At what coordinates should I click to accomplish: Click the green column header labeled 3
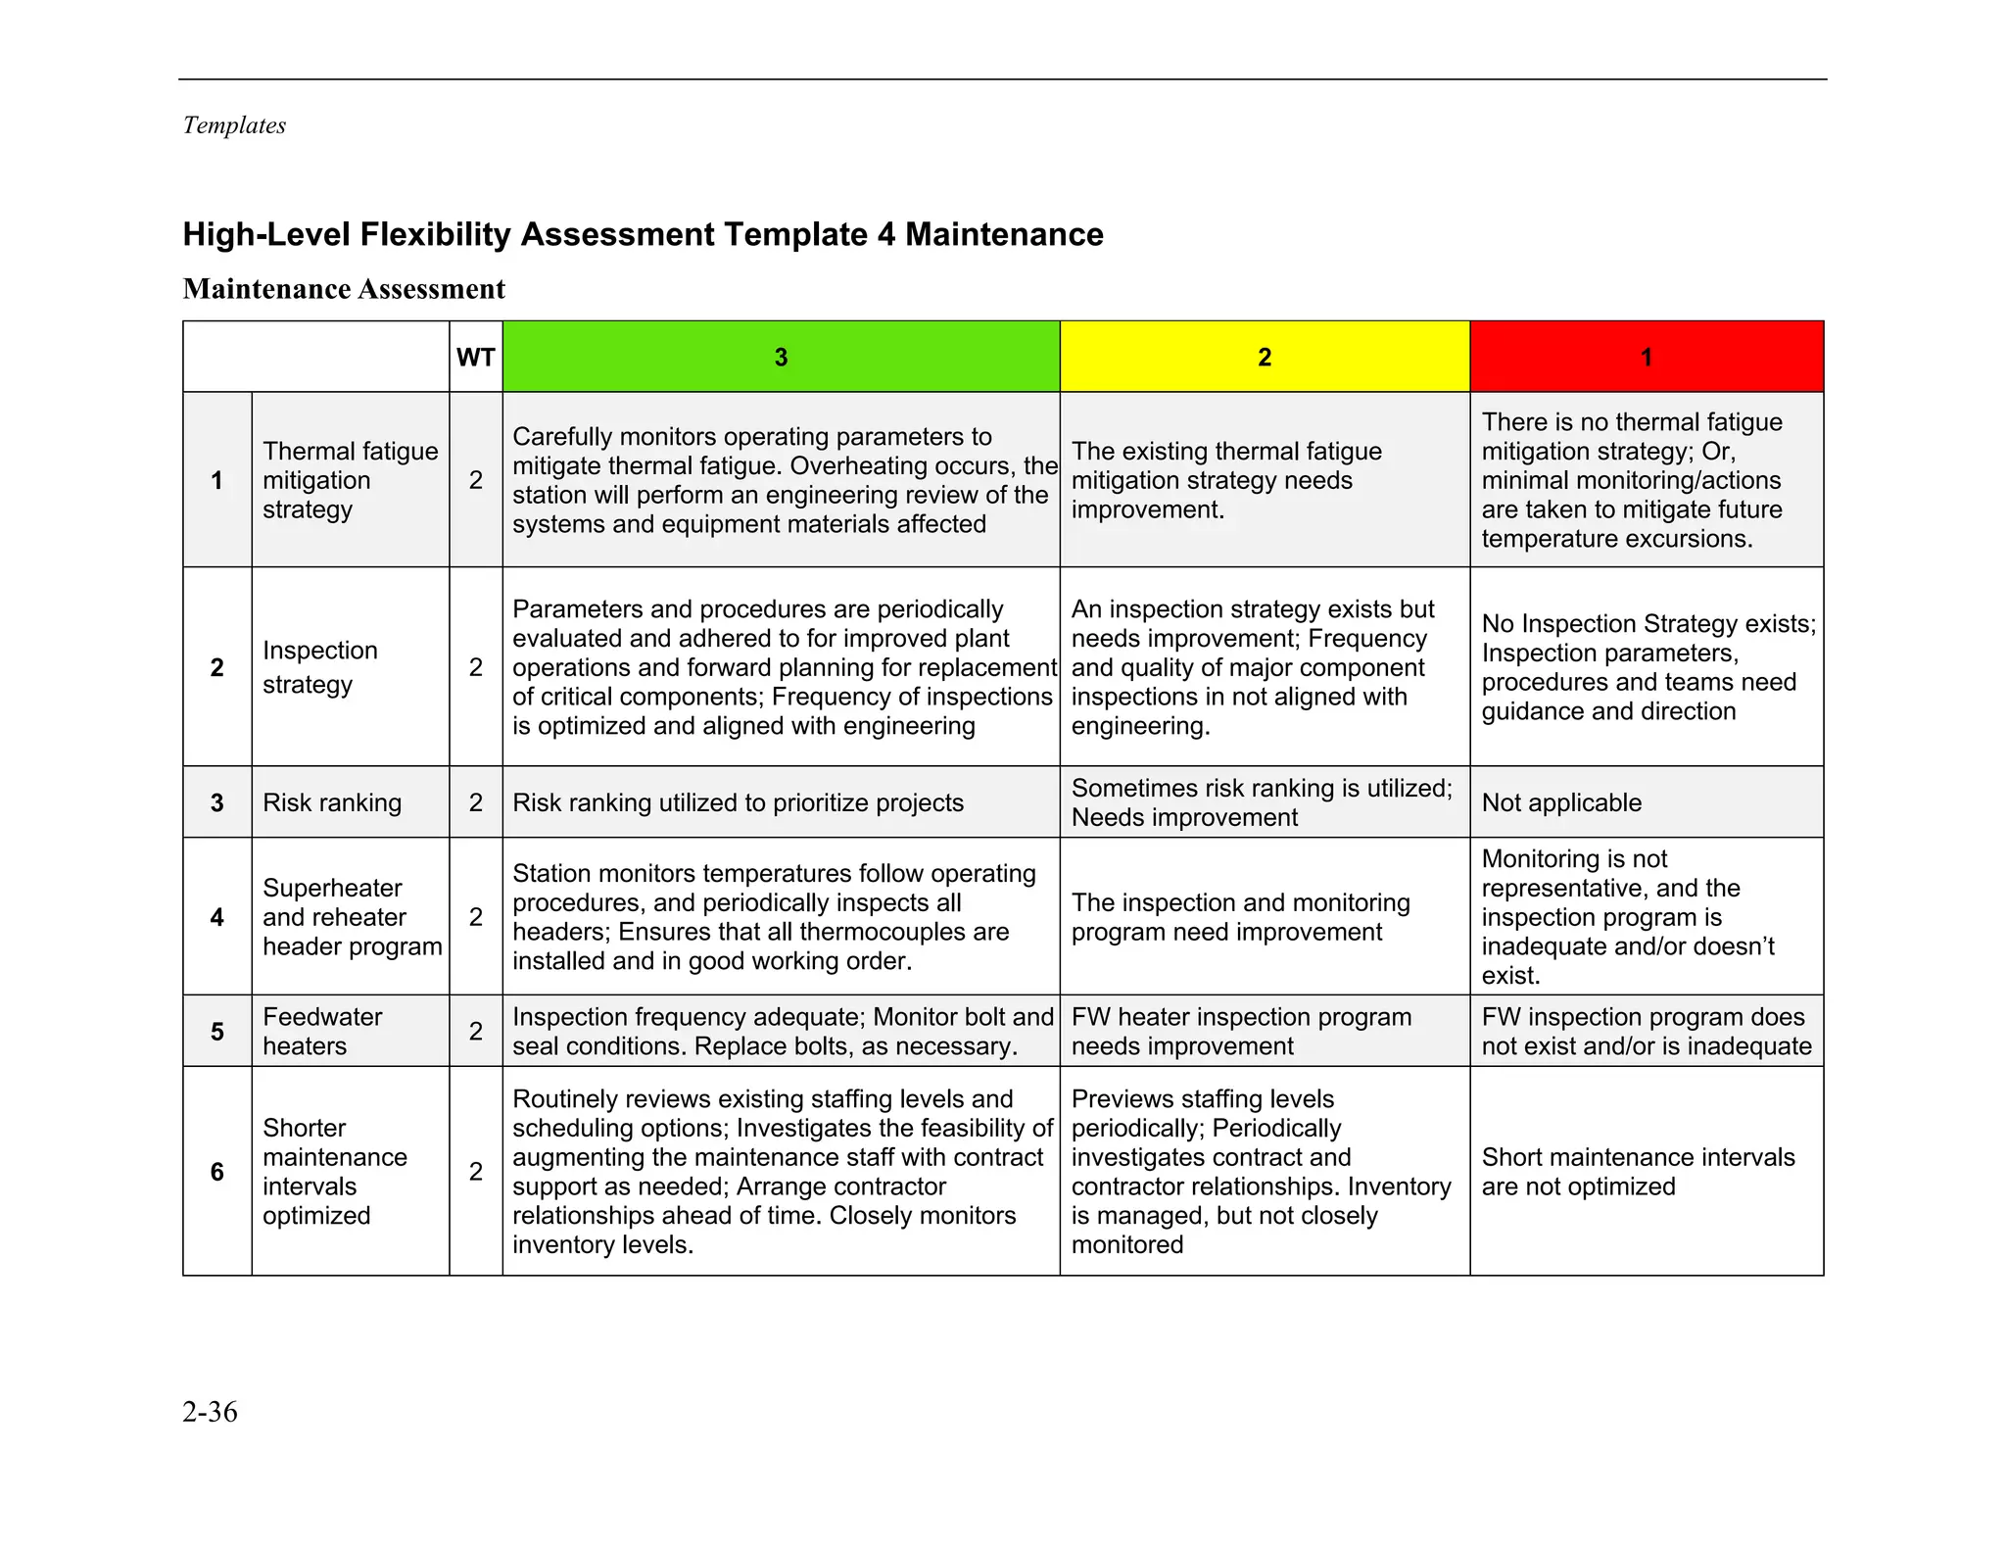(x=781, y=357)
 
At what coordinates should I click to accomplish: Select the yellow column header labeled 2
(x=1264, y=357)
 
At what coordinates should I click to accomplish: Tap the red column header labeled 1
(x=1646, y=357)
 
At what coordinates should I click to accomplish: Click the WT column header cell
(x=475, y=357)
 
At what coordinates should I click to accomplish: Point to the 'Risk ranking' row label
(x=332, y=802)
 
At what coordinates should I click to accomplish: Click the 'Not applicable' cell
(x=1561, y=802)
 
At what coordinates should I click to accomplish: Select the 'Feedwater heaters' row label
(x=322, y=1031)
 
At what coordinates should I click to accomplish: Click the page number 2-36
(x=210, y=1412)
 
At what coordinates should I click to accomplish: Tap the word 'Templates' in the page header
(x=234, y=125)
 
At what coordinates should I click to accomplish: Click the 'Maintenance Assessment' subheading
(x=344, y=289)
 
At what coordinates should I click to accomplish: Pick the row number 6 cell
(x=216, y=1171)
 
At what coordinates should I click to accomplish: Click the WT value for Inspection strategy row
(x=475, y=667)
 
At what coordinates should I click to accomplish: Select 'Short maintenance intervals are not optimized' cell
(x=1638, y=1171)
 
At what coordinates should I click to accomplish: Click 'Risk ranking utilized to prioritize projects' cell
(x=738, y=802)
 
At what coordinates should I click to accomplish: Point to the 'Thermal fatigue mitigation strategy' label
(x=350, y=480)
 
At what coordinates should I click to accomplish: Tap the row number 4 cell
(x=216, y=917)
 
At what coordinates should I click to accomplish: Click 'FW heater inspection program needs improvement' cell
(x=1241, y=1031)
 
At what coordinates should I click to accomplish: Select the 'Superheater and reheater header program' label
(x=352, y=917)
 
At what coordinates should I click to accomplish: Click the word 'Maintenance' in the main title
(x=1004, y=235)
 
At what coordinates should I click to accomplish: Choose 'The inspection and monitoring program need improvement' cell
(x=1240, y=917)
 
